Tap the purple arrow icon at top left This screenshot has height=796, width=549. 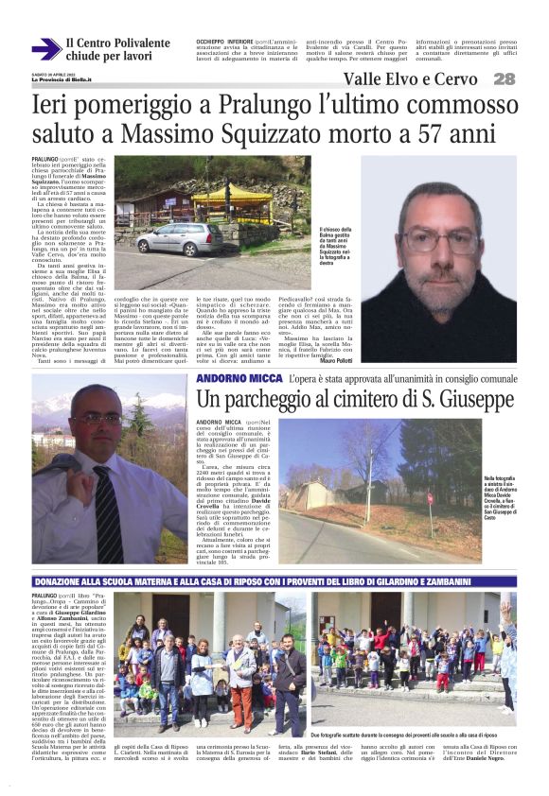pos(44,49)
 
